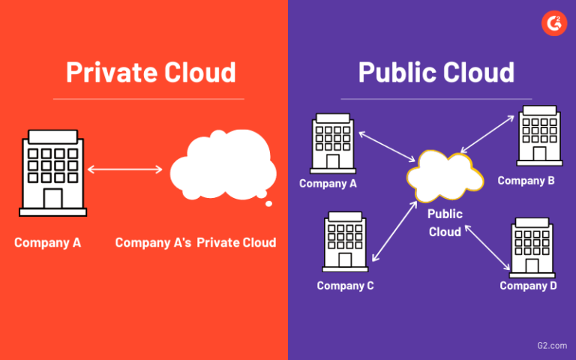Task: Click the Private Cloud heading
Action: pyautogui.click(x=151, y=72)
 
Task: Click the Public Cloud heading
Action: pyautogui.click(x=436, y=72)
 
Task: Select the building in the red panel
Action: pyautogui.click(x=52, y=173)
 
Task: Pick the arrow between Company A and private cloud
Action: pyautogui.click(x=124, y=169)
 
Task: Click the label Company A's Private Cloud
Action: pyautogui.click(x=195, y=242)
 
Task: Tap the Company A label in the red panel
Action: pyautogui.click(x=47, y=242)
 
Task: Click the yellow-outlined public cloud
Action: pyautogui.click(x=444, y=177)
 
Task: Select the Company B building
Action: pyautogui.click(x=538, y=136)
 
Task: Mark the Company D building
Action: pyautogui.click(x=532, y=247)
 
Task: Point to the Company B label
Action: pyautogui.click(x=526, y=181)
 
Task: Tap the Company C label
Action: pyautogui.click(x=345, y=286)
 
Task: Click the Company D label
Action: pyautogui.click(x=528, y=286)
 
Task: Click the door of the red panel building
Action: pyautogui.click(x=52, y=199)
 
